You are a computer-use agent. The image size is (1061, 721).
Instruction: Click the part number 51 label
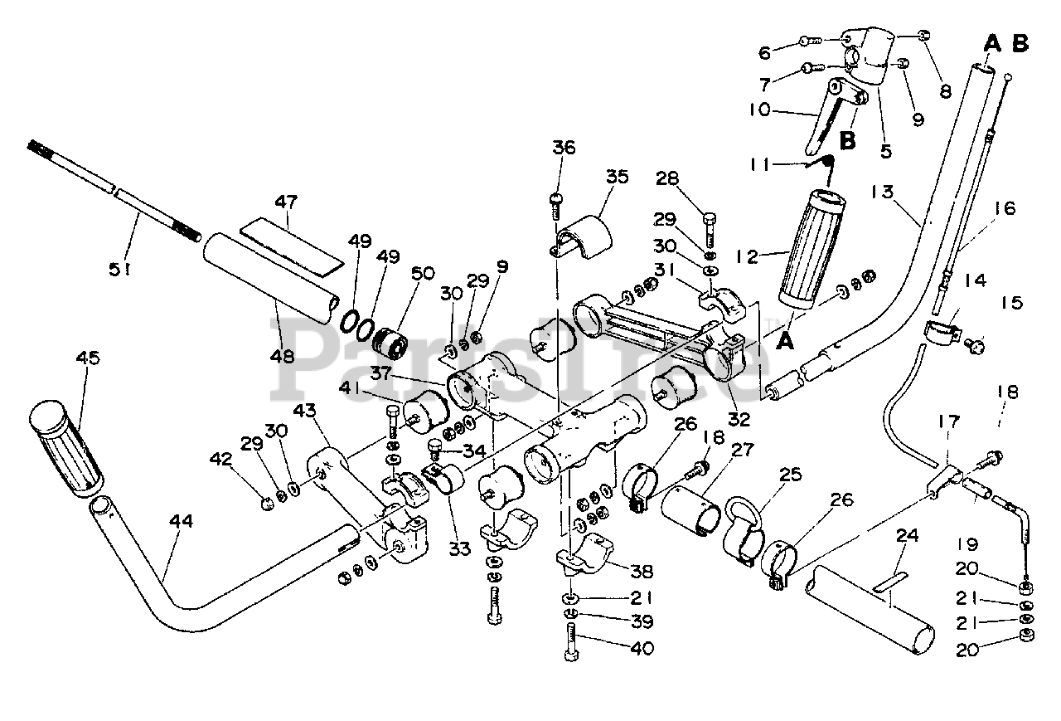tap(120, 270)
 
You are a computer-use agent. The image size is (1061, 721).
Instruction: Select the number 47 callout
tap(286, 202)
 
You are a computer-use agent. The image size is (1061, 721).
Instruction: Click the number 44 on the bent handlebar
tap(182, 521)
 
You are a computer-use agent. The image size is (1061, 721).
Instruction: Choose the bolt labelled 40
tap(572, 641)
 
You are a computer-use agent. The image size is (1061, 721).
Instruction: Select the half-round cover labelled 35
tap(583, 237)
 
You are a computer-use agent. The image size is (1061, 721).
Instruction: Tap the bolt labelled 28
tap(710, 230)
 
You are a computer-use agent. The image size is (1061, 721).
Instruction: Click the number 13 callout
tap(882, 192)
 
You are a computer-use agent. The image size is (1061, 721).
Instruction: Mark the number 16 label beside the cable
tap(1004, 208)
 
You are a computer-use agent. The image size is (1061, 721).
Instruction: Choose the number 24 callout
tap(907, 536)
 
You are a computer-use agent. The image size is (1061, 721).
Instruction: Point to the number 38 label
tap(642, 572)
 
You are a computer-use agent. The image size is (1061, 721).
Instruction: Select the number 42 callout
tap(221, 459)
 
